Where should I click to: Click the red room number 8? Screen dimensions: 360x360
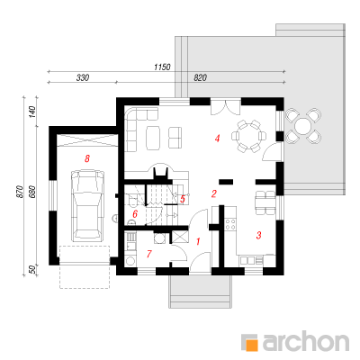87,158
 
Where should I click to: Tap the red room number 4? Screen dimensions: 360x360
218,139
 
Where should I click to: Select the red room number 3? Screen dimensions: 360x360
258,235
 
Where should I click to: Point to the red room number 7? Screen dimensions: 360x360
149,254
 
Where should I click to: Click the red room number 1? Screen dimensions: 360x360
198,241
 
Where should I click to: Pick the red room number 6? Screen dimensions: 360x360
135,214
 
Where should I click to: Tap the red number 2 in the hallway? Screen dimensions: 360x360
213,193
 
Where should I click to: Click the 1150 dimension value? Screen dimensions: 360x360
162,67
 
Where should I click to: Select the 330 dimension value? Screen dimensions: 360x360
83,77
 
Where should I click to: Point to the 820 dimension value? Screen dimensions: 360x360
200,77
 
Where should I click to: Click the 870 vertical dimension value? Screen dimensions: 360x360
19,192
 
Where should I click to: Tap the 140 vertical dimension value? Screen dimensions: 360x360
32,112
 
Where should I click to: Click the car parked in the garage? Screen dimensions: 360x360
87,205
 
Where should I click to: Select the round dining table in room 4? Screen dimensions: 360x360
248,136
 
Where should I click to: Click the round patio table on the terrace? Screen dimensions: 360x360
303,126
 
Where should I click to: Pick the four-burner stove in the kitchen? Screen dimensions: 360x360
230,224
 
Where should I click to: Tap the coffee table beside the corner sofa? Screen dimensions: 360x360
153,138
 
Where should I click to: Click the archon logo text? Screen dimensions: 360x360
306,340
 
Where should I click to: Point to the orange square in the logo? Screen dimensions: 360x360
252,345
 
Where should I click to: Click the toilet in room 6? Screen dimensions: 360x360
132,200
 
